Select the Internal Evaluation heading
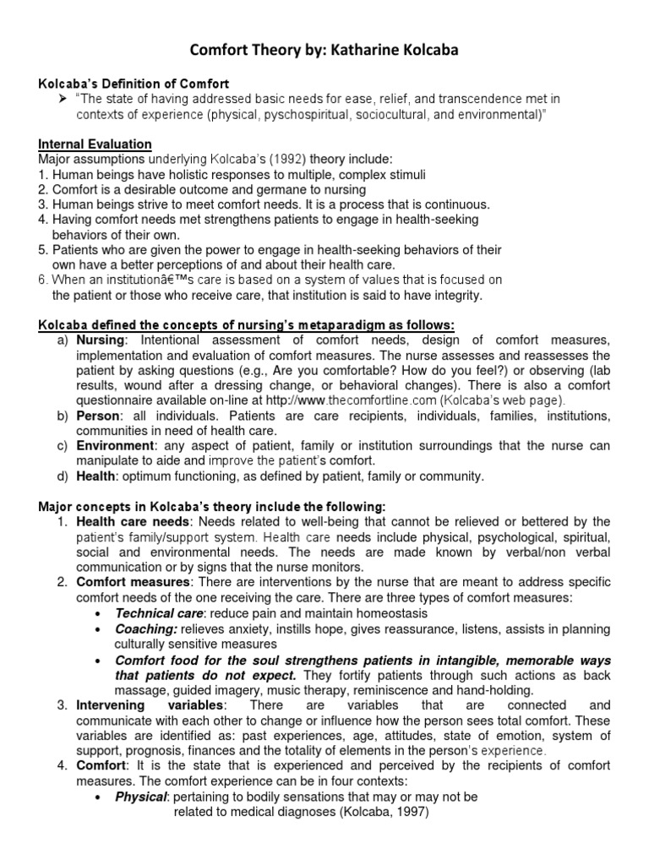[x=95, y=144]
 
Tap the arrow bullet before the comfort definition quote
[x=64, y=99]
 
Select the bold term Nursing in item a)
[x=101, y=340]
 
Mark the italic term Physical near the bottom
[x=140, y=797]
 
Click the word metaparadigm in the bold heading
[x=329, y=325]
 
